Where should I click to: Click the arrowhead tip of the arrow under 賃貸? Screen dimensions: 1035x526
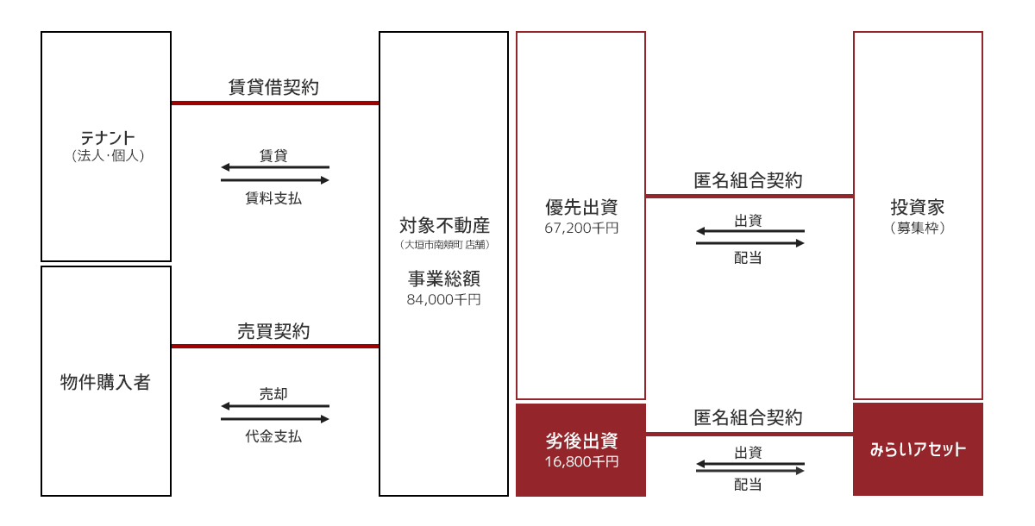(x=222, y=166)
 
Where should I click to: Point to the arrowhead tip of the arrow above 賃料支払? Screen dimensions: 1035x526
(x=329, y=179)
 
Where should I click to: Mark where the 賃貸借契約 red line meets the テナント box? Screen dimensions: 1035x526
(x=172, y=103)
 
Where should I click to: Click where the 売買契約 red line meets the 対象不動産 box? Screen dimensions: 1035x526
(x=379, y=346)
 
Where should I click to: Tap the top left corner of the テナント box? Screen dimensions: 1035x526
(x=41, y=31)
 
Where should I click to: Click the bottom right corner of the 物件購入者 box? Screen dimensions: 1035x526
(x=172, y=496)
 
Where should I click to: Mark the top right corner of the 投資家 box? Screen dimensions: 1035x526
(x=982, y=31)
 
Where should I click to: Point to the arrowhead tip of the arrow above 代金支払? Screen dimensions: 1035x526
(x=329, y=419)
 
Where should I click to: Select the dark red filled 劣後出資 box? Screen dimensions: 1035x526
(x=580, y=450)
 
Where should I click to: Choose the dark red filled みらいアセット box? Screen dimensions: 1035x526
(x=918, y=449)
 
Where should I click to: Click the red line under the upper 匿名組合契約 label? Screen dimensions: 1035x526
(x=750, y=197)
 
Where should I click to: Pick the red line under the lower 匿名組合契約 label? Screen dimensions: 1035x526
(x=750, y=434)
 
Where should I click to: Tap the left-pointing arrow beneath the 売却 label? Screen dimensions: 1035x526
(x=275, y=406)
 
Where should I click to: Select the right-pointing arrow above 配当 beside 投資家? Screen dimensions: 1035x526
(x=750, y=243)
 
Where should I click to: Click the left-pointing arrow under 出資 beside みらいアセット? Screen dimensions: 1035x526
(x=750, y=464)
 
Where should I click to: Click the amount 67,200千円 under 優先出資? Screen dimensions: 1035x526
(x=581, y=229)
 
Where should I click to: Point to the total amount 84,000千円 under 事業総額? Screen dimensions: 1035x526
(x=443, y=300)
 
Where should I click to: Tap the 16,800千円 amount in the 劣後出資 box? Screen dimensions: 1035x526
(x=581, y=462)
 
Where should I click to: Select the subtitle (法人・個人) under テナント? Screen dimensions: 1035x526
(x=108, y=155)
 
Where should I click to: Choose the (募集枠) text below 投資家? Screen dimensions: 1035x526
(x=918, y=228)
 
